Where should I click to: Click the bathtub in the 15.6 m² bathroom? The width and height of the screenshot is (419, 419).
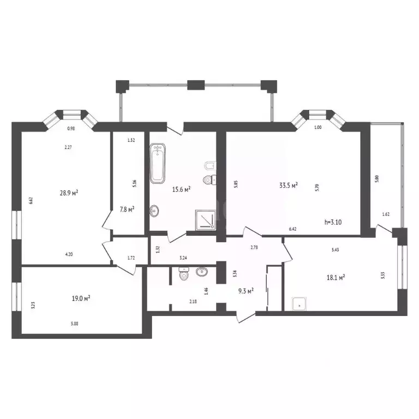tap(158, 163)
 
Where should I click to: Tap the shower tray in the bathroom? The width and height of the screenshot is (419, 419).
tap(206, 219)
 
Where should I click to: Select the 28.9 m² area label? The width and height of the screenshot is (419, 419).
tap(69, 193)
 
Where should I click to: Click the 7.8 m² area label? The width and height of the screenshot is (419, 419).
tap(127, 208)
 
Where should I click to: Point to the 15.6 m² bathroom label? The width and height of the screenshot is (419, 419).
tap(180, 189)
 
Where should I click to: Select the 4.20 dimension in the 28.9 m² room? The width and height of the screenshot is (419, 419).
tap(69, 254)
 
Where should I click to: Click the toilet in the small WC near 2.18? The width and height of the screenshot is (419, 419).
tap(184, 275)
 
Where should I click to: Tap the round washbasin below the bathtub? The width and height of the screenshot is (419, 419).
tap(155, 210)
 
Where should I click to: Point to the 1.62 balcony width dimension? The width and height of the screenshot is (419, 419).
tap(385, 214)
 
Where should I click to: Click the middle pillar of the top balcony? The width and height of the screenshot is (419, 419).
tap(195, 85)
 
